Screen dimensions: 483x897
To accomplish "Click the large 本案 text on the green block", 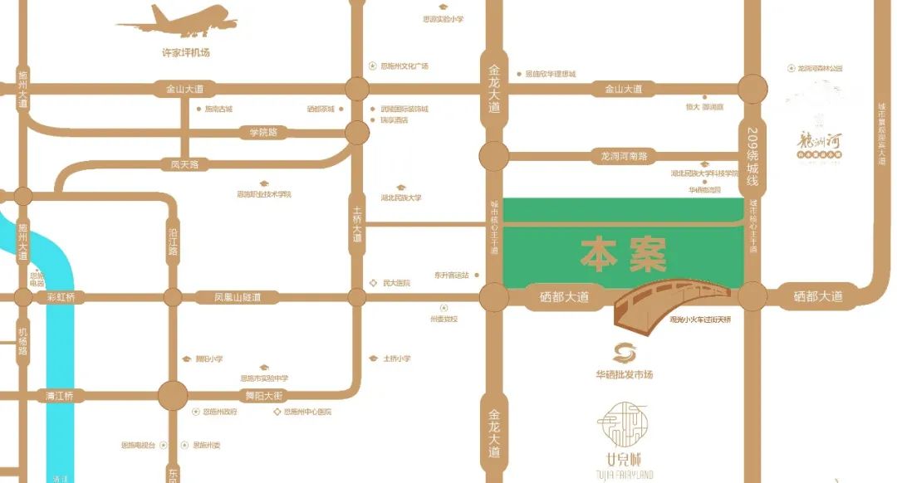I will (x=623, y=255).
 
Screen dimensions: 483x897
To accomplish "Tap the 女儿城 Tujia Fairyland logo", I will (x=625, y=440).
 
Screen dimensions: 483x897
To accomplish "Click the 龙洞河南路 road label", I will (x=623, y=155).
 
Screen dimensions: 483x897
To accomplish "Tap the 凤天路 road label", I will (x=184, y=164).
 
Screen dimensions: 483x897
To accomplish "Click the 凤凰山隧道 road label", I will (x=238, y=297).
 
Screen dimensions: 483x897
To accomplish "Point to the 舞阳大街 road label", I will (x=264, y=396).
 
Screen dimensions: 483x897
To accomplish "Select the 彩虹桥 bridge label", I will (x=61, y=297).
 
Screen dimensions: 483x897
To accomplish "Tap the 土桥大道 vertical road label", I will (x=357, y=224).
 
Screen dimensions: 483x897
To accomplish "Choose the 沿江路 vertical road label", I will (x=173, y=239).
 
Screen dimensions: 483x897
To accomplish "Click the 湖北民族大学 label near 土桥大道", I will (x=401, y=198).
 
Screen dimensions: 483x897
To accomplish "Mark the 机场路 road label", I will (x=22, y=340).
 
